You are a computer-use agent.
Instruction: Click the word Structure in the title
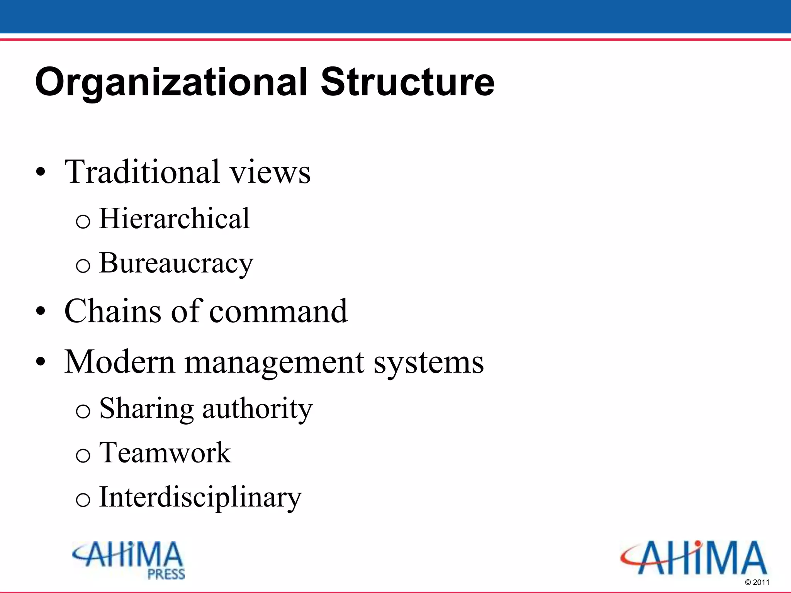coord(407,82)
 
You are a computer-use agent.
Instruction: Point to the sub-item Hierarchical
coord(174,219)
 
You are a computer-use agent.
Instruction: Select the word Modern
coord(120,362)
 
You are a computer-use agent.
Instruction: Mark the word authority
coord(257,408)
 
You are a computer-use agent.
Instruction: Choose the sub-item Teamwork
coord(165,452)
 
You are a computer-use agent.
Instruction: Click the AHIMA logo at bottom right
coord(694,558)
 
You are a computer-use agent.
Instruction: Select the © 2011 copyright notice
coord(757,582)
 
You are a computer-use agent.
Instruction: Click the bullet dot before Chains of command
coord(41,311)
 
